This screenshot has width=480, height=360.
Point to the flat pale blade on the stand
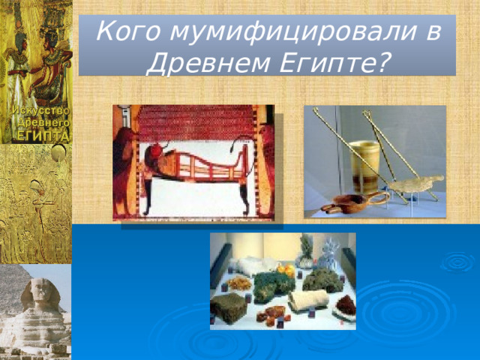coord(416,182)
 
